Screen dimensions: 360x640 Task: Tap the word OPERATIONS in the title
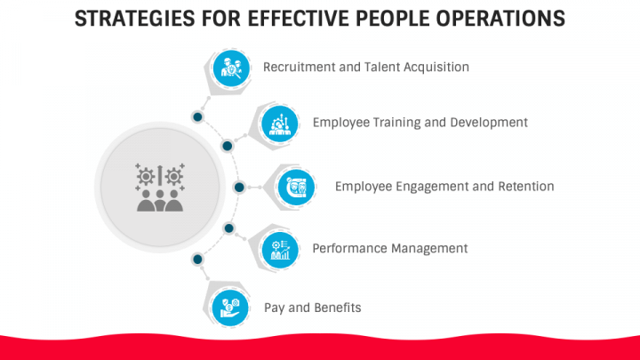coord(497,19)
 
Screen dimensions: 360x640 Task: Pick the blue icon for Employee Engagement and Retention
coord(296,187)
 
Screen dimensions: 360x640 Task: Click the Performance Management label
coord(389,248)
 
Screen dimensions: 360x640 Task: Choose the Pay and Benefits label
coord(312,307)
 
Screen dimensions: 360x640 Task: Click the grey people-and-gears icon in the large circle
coord(160,188)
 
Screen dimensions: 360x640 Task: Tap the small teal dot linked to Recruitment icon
coord(198,116)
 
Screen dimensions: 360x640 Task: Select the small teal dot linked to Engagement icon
coord(239,187)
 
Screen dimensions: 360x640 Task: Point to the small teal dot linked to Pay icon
coord(198,260)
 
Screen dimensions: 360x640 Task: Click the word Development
coord(490,122)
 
